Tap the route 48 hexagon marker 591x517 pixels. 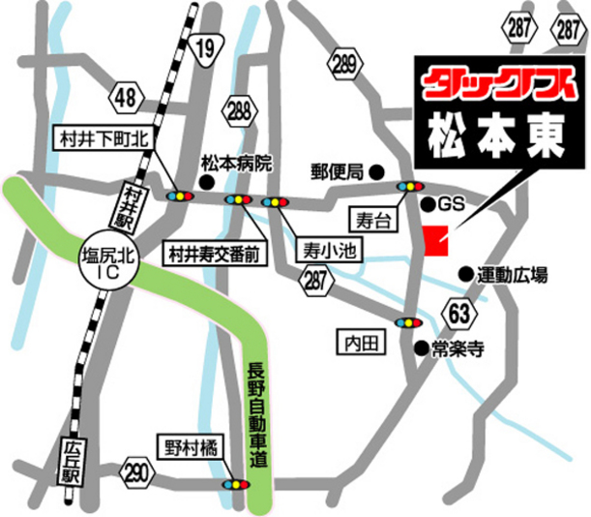click(125, 96)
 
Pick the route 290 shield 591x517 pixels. click(137, 471)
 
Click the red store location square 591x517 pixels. click(436, 241)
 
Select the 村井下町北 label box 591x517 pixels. click(100, 140)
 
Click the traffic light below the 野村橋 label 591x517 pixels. click(234, 481)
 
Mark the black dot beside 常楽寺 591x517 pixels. click(420, 347)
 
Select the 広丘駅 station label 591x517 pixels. click(69, 463)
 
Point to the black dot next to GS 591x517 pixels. click(428, 204)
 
